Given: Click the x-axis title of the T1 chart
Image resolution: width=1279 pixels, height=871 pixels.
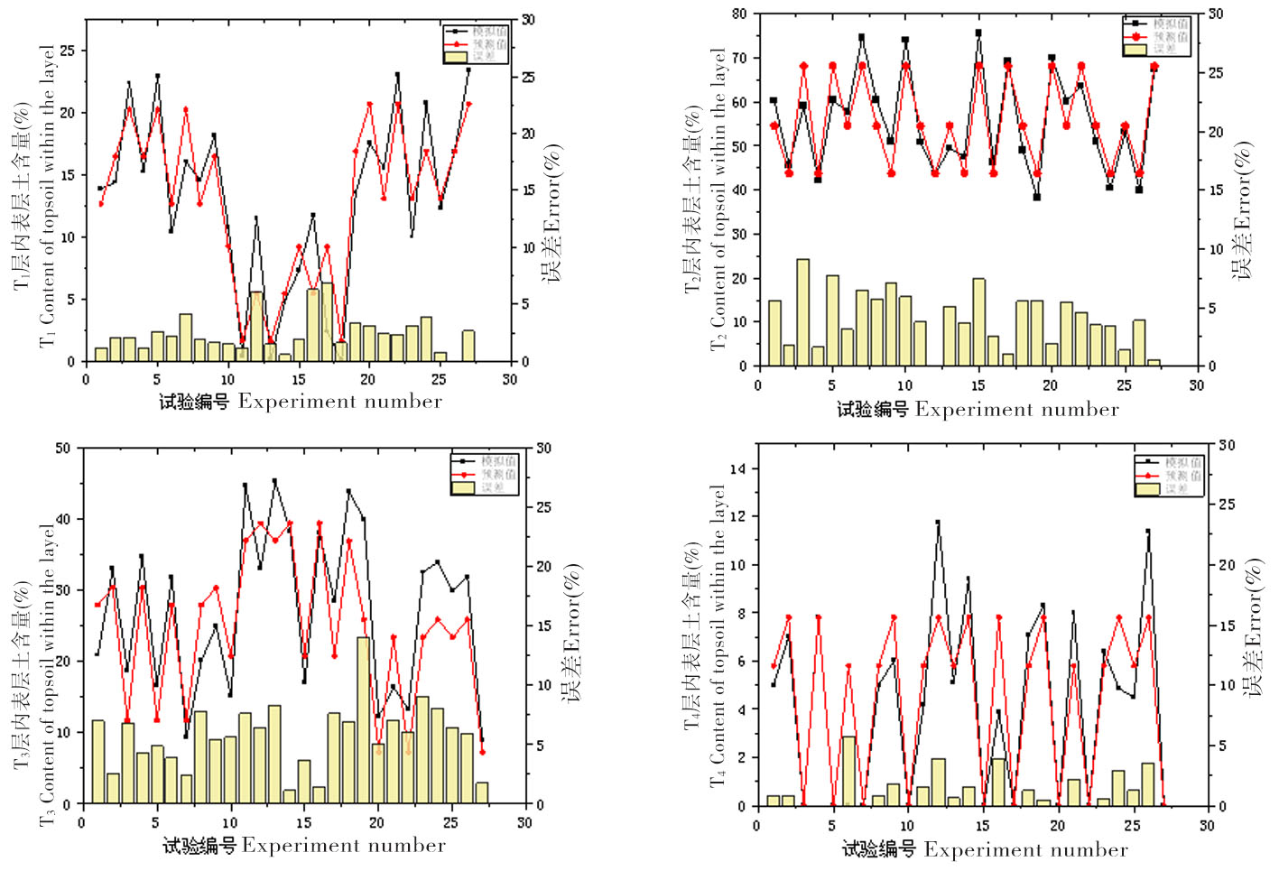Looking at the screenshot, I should click(301, 402).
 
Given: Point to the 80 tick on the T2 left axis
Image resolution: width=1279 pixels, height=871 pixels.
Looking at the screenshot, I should click(740, 14).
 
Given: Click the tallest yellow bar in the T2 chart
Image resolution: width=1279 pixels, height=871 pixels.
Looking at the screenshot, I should click(802, 311).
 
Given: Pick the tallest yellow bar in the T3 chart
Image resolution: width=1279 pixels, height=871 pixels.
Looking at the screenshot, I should click(364, 719).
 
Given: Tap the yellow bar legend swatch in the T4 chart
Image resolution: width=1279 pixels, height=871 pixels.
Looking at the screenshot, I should click(1148, 488).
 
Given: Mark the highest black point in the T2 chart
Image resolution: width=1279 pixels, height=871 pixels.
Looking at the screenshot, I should click(978, 32).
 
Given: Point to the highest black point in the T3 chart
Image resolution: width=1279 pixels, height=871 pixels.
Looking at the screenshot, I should click(274, 481).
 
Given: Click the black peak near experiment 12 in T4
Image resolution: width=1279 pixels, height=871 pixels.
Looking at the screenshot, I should click(938, 522).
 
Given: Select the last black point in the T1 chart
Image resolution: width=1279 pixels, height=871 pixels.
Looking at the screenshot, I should click(468, 69).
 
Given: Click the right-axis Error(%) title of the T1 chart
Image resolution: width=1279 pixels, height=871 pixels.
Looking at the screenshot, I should click(551, 213).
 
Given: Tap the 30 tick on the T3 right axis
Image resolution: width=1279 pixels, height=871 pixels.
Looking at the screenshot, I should click(543, 449).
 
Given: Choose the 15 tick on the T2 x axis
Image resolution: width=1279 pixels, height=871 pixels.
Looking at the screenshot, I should click(978, 385).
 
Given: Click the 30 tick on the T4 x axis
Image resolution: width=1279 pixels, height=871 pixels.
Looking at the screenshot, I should click(1207, 825).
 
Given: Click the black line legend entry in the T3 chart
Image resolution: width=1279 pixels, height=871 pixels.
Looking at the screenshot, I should click(484, 461).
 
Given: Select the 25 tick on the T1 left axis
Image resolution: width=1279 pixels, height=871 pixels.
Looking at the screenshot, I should click(68, 51).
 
